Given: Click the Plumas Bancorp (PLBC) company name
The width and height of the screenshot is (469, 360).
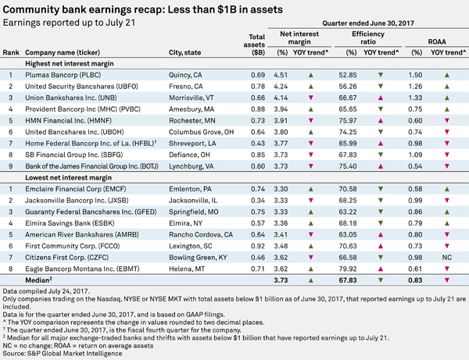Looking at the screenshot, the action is click(x=63, y=75).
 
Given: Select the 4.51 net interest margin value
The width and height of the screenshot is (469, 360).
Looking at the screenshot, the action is click(x=281, y=75).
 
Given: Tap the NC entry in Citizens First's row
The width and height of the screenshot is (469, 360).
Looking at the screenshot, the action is click(x=447, y=258).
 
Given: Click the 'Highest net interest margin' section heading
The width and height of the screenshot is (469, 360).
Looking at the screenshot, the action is click(x=70, y=63).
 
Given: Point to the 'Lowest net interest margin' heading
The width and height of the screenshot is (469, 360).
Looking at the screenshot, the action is click(x=69, y=178).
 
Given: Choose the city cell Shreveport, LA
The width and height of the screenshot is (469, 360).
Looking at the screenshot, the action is click(x=192, y=144).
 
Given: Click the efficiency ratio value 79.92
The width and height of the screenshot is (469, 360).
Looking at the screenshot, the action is click(x=348, y=269).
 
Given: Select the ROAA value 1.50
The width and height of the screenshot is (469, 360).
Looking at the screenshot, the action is click(x=416, y=75).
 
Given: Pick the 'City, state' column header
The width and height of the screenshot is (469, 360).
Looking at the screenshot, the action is click(x=184, y=52).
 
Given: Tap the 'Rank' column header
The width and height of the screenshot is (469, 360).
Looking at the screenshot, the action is click(x=11, y=52).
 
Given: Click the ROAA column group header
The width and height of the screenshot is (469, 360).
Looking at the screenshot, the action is click(x=437, y=42).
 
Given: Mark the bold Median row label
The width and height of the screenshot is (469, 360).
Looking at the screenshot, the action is click(x=38, y=280).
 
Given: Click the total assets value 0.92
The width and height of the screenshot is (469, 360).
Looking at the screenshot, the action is click(x=258, y=246).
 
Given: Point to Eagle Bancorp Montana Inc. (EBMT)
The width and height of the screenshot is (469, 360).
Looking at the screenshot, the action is click(x=82, y=269).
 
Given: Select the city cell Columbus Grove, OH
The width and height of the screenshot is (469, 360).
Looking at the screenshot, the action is click(x=202, y=132).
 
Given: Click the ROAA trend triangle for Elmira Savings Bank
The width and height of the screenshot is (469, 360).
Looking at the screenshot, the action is click(x=447, y=223).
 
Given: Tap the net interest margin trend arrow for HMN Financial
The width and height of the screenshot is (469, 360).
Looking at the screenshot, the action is click(x=311, y=121).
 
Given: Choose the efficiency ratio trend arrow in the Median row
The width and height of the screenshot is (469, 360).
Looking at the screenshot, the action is click(x=381, y=280).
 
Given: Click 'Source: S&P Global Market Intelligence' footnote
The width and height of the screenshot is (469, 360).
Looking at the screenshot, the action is click(x=63, y=354).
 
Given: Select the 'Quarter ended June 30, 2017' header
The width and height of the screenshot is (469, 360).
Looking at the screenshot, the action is click(x=368, y=23).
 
